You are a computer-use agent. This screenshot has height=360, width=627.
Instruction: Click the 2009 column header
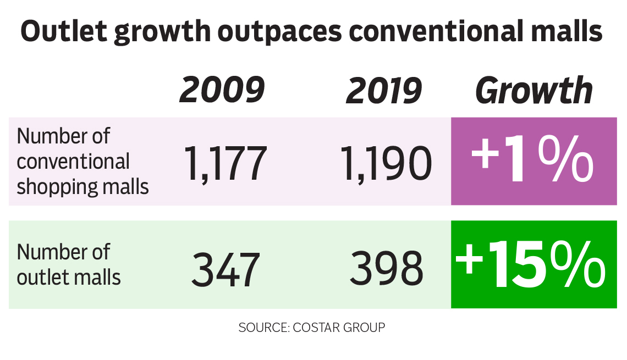222,90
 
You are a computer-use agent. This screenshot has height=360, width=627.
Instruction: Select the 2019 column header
383,90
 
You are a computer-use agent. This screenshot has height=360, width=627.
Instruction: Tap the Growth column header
533,90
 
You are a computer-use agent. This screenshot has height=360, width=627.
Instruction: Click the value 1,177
226,163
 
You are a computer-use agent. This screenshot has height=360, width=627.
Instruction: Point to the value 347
226,268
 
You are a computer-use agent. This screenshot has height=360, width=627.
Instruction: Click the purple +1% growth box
533,162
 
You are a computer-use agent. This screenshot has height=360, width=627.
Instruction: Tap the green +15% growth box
533,264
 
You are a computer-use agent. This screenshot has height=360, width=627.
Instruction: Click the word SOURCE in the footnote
262,328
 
